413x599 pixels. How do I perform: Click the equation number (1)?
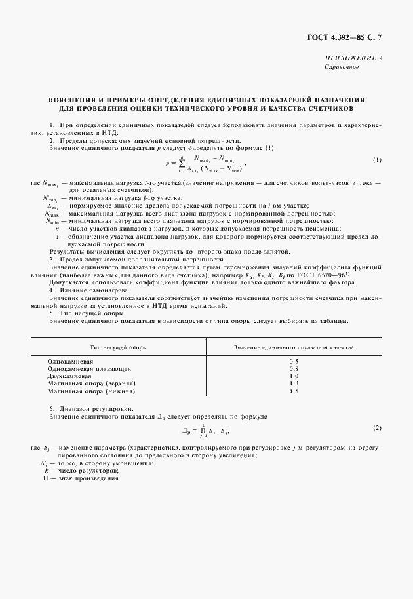[377, 160]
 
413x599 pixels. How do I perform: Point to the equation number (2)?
[377, 429]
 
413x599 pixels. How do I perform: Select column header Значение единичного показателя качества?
[294, 346]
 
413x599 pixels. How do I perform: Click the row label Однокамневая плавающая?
[89, 369]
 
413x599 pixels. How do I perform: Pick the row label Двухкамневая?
[73, 376]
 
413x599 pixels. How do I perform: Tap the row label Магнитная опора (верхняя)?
[91, 383]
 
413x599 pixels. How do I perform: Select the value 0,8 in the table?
[294, 369]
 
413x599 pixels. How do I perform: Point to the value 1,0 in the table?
[294, 376]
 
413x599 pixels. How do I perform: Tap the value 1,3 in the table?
[294, 383]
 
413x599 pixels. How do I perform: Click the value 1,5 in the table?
[294, 391]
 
